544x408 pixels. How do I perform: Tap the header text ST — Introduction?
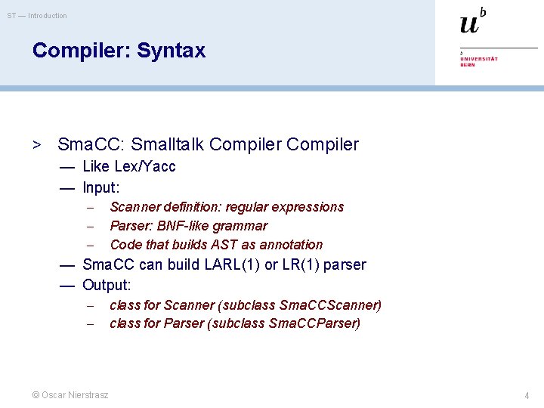(37, 16)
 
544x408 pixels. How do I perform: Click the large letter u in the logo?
(468, 24)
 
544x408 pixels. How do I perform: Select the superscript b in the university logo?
(483, 11)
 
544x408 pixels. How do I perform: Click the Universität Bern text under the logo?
(479, 60)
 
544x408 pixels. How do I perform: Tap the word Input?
(101, 187)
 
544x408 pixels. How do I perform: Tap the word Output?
(107, 285)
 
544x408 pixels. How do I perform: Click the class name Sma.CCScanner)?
(330, 305)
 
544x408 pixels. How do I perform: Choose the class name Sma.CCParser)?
(320, 323)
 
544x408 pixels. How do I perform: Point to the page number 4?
(527, 395)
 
